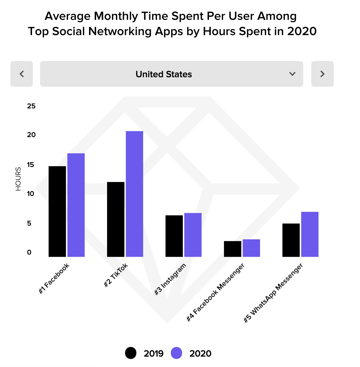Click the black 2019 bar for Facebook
57,211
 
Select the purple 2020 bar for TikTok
134,194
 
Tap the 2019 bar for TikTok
116,219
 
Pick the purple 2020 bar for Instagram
193,235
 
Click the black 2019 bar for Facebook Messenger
232,249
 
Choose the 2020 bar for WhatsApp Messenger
310,234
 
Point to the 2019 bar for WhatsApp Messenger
291,240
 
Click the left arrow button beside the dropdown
22,74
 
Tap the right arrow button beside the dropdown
322,74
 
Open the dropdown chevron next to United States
292,74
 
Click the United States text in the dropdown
164,74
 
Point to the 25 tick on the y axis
31,106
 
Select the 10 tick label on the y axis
31,194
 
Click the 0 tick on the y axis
29,252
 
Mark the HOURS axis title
19,179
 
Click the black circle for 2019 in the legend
131,353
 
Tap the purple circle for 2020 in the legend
176,353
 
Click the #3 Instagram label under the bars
170,279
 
